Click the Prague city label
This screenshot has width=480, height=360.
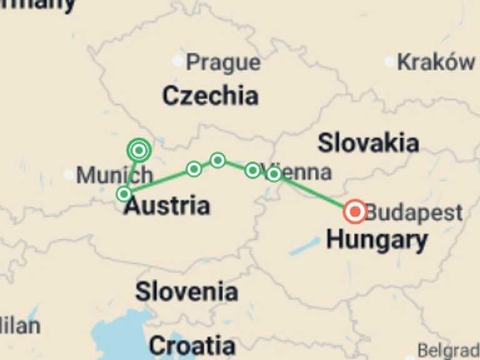point(223,62)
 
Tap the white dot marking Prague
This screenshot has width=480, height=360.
point(178,61)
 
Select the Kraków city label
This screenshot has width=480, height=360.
point(436,62)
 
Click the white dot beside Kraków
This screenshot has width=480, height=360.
point(390,61)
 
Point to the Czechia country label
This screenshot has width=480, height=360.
point(210,96)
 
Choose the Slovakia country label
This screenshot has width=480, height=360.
point(368,143)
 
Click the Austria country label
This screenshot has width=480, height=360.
point(167,206)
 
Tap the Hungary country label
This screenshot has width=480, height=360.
point(377,239)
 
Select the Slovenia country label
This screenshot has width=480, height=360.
point(186,291)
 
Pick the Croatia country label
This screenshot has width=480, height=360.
point(192,345)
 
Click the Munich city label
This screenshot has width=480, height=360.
point(114,175)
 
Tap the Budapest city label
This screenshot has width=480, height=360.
point(414,212)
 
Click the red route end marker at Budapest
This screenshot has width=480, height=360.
point(355,212)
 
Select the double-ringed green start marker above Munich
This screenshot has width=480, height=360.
point(139,150)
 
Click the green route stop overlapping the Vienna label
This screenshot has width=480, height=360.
point(274,174)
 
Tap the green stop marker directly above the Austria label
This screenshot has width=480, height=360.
point(124,194)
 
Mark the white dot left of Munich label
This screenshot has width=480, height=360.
point(68,174)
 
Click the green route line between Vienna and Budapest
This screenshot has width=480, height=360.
point(312,192)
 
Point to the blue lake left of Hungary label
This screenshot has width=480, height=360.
point(305,246)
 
